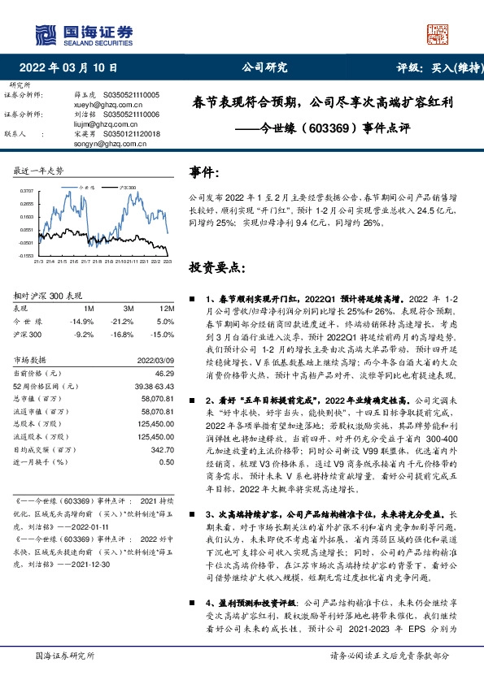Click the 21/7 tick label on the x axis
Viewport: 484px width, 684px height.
(x=85, y=262)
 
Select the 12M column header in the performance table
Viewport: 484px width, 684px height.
(x=166, y=309)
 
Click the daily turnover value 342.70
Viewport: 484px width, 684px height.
(x=164, y=448)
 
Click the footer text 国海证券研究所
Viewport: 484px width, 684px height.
(x=55, y=655)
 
